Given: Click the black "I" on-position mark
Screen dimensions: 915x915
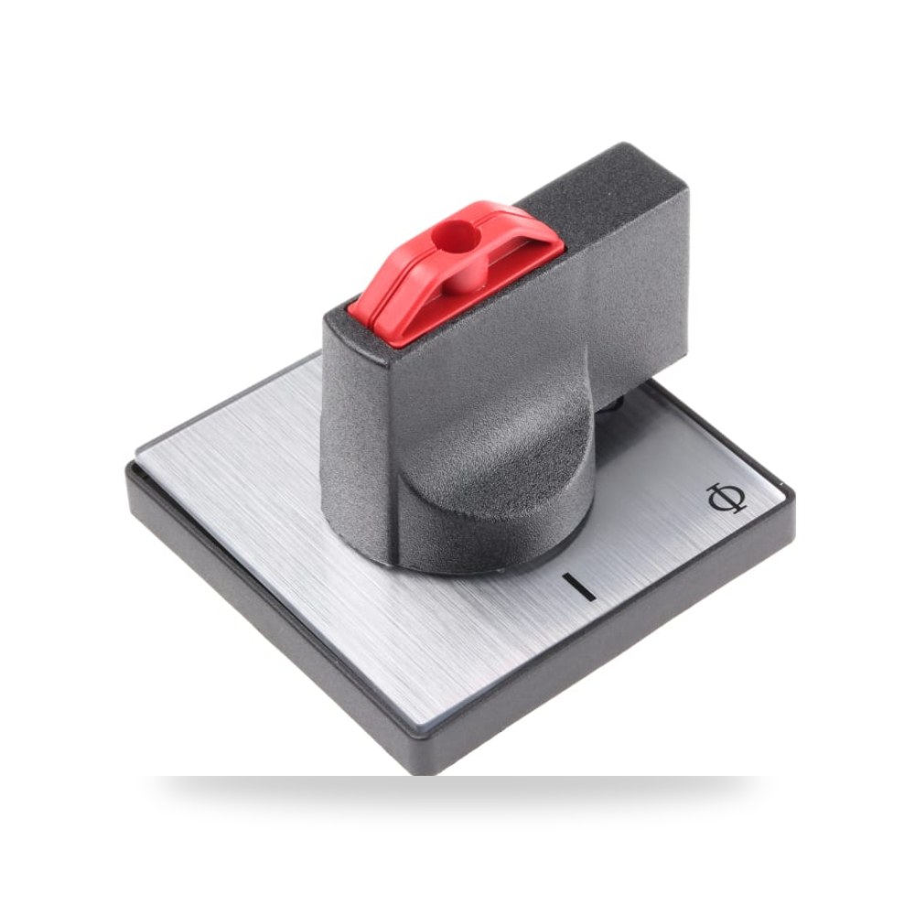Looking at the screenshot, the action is (x=578, y=586).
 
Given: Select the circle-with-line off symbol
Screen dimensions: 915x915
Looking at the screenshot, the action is (x=727, y=498).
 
